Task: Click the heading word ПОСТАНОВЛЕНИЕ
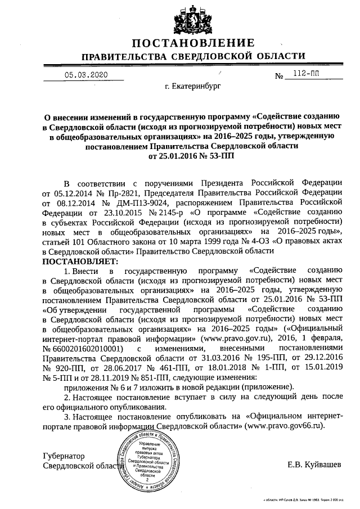(193, 44)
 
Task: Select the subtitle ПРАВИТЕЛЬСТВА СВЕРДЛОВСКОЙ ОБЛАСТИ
(193, 57)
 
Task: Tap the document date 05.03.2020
(84, 74)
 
